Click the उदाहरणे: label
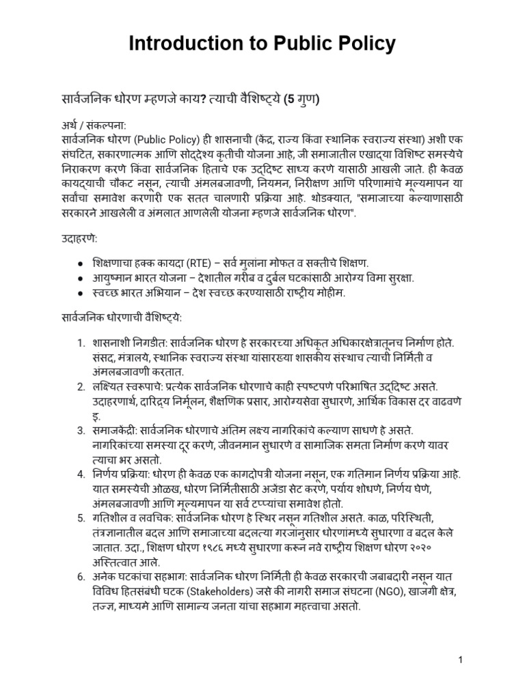point(79,241)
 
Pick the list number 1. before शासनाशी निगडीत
point(81,341)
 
